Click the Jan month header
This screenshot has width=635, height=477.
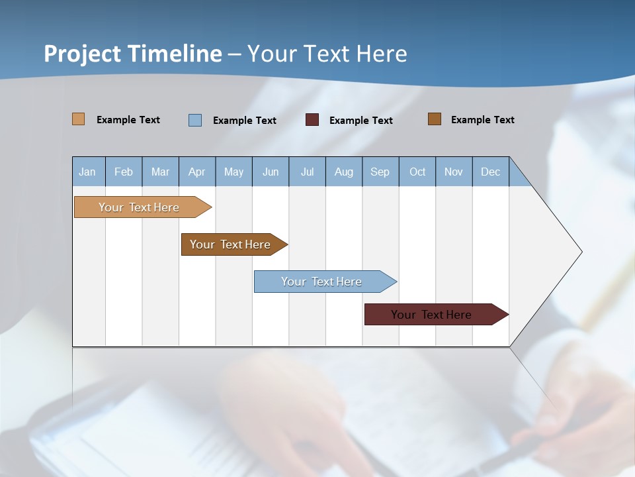[x=88, y=172]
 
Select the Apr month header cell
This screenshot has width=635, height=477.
[x=197, y=172]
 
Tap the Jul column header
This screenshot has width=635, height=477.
[x=307, y=172]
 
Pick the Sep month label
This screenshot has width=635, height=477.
[x=380, y=172]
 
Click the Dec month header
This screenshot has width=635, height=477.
[x=490, y=172]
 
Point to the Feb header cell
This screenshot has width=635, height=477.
[x=124, y=172]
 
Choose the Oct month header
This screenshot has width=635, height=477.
[x=417, y=172]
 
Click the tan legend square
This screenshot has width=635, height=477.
[x=79, y=119]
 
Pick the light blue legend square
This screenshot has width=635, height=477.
[x=195, y=120]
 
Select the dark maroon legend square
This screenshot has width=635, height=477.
[x=312, y=120]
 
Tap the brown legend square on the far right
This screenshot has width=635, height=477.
[x=435, y=119]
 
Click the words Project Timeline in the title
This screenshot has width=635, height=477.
[x=133, y=54]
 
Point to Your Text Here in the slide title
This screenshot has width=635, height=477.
[x=327, y=54]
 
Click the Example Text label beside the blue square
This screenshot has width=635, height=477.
[x=245, y=121]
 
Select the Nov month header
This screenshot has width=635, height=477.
[x=454, y=172]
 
